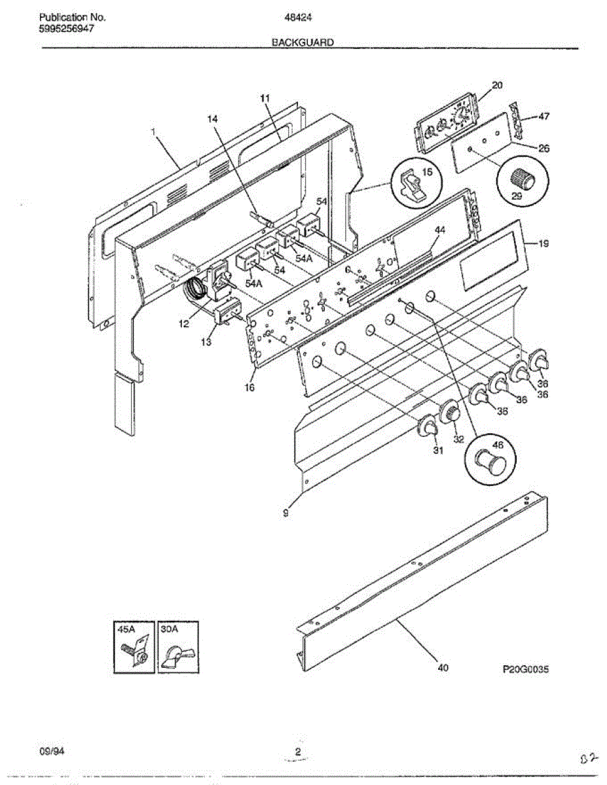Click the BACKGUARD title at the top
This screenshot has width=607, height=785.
click(x=303, y=43)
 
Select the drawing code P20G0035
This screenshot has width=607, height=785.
click(x=525, y=669)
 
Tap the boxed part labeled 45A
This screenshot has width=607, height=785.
click(x=134, y=646)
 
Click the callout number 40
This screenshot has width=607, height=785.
click(x=443, y=668)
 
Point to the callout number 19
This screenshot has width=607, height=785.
click(x=543, y=244)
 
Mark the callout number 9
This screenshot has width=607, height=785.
click(x=286, y=514)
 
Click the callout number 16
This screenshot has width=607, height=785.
click(x=250, y=387)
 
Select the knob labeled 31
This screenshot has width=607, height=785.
click(x=428, y=427)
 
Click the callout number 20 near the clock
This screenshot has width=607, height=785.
click(x=497, y=85)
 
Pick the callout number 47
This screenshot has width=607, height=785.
click(x=543, y=116)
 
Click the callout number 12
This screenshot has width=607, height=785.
click(x=184, y=323)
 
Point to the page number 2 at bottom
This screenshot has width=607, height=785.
click(x=298, y=752)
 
